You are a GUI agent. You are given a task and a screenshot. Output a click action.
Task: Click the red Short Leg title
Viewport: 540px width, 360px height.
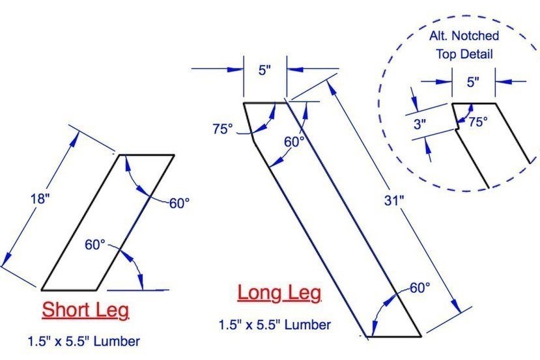(85, 310)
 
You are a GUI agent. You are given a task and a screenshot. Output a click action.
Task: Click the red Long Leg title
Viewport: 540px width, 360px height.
(279, 293)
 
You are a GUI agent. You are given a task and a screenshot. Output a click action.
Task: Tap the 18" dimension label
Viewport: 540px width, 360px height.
(40, 199)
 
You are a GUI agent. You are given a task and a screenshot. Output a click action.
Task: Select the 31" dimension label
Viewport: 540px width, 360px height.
(393, 201)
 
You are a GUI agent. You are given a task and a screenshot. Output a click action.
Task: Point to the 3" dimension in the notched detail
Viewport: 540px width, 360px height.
(419, 124)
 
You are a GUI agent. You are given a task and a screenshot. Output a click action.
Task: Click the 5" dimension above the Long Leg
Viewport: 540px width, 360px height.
(265, 71)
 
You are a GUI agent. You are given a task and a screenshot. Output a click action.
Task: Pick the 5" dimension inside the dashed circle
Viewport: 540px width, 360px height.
(473, 82)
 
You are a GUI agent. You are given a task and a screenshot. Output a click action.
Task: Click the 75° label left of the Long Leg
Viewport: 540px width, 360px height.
(223, 129)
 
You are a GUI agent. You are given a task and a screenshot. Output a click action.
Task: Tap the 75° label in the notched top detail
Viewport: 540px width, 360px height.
(478, 122)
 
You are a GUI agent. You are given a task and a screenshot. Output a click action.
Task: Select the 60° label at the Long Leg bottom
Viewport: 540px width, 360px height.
(419, 288)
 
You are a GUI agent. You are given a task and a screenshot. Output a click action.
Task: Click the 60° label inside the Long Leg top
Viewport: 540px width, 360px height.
(294, 142)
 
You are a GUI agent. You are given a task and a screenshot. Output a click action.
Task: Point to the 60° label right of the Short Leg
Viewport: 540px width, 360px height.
(179, 203)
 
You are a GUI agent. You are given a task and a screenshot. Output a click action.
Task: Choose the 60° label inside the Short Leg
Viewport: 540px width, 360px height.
(95, 245)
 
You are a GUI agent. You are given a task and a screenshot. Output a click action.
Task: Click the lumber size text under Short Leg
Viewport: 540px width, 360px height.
(83, 341)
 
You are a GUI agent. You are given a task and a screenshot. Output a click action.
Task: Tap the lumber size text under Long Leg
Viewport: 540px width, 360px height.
(275, 325)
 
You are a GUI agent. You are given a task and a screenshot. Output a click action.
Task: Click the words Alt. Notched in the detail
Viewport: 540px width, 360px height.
(464, 35)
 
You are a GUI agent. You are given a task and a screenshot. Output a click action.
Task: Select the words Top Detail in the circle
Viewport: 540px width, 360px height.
(464, 54)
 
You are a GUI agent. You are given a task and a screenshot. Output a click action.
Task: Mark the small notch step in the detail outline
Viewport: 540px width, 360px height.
(457, 130)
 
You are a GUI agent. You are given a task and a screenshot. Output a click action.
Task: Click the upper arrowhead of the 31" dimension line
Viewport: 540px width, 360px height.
(331, 87)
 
